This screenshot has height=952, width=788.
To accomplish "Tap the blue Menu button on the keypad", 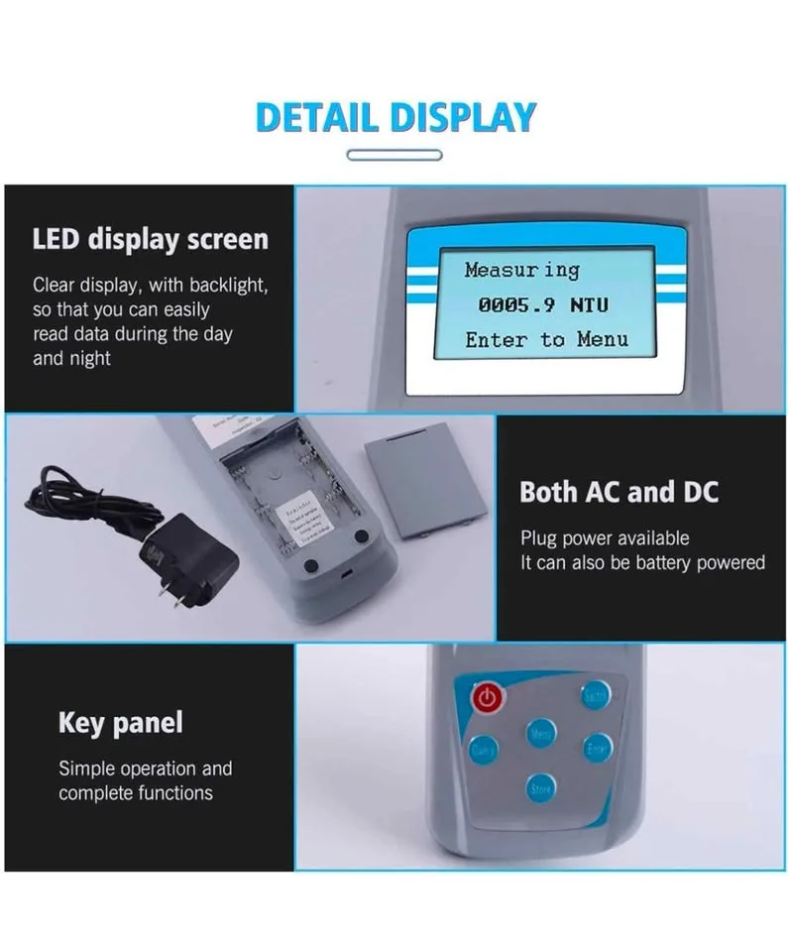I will (x=540, y=735).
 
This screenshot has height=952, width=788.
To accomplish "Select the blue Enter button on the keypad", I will (x=598, y=748).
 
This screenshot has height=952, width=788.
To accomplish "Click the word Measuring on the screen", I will (x=521, y=270).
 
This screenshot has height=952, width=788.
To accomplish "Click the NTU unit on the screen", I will (x=590, y=305).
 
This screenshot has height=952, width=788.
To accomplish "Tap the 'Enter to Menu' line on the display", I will (x=546, y=340).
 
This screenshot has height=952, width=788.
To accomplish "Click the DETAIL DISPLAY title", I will (x=394, y=117).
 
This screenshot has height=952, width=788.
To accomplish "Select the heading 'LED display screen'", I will (x=150, y=239).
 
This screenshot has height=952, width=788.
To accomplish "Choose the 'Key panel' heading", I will (x=120, y=723).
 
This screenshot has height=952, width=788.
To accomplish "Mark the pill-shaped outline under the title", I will (x=394, y=155).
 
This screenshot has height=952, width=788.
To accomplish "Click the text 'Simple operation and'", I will (x=145, y=769).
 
